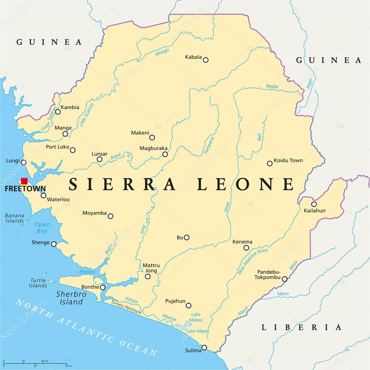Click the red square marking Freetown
(24, 181)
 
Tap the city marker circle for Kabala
(205, 60)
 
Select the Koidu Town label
(288, 160)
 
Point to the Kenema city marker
(246, 248)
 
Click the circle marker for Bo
(187, 238)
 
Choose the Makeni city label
(140, 133)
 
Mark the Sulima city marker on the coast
(204, 348)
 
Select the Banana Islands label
(14, 218)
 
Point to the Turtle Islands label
(38, 283)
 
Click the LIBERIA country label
(301, 328)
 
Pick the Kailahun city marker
(314, 204)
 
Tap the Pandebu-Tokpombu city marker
(285, 279)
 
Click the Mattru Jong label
(151, 268)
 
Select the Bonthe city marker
(103, 288)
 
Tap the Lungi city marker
(24, 162)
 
